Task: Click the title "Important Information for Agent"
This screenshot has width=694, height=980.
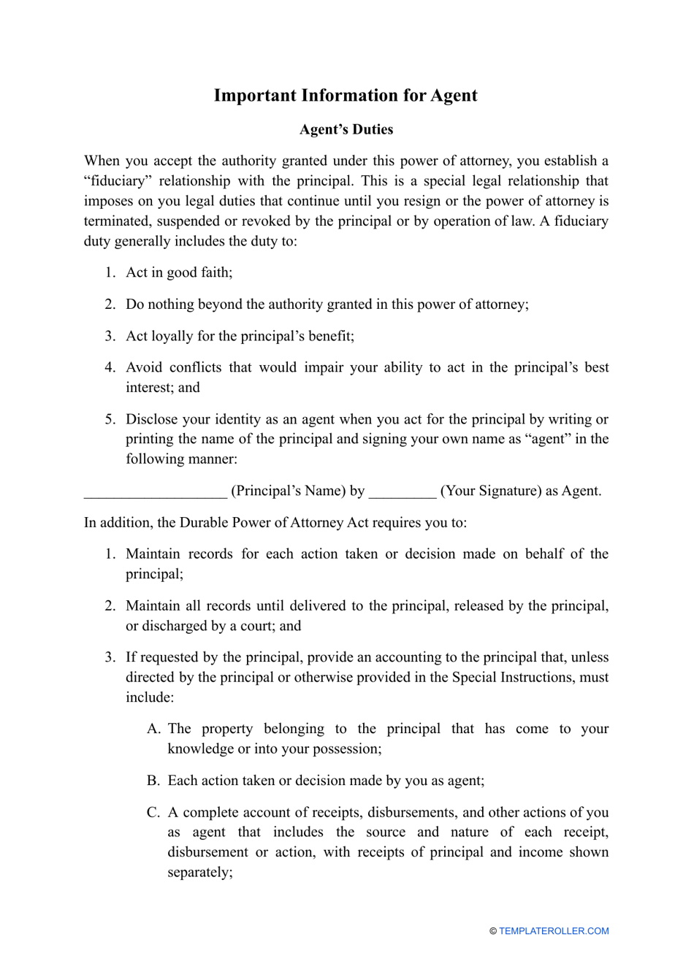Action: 346,96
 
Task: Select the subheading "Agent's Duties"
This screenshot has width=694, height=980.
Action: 346,129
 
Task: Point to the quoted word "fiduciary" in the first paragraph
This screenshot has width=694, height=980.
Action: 118,181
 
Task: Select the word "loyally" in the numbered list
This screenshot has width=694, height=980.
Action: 172,336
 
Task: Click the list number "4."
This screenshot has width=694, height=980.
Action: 110,367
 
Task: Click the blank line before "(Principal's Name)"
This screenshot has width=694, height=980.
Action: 155,491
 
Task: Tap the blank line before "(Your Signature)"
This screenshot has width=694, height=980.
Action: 403,491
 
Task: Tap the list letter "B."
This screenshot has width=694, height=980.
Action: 153,781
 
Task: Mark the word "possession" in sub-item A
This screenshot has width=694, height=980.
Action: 343,749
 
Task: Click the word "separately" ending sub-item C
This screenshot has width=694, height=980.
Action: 199,873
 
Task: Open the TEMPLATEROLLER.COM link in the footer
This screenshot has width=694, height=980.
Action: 554,931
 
